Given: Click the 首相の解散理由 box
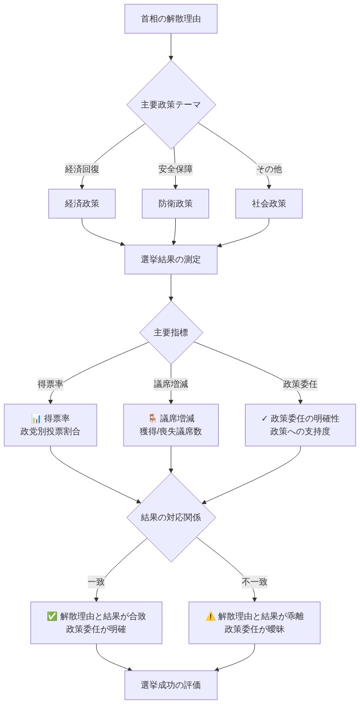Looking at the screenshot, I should pyautogui.click(x=171, y=19).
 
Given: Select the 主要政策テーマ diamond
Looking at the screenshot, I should pyautogui.click(x=171, y=104).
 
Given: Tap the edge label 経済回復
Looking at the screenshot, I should pyautogui.click(x=82, y=169).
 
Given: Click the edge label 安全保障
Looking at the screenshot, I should pyautogui.click(x=175, y=169).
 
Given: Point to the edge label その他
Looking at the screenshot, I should pyautogui.click(x=269, y=169).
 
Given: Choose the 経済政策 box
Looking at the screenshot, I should pyautogui.click(x=82, y=204).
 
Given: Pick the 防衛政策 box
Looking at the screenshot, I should pyautogui.click(x=175, y=204).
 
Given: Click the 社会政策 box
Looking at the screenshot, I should pyautogui.click(x=269, y=204).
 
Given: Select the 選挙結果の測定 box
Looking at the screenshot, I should pyautogui.click(x=171, y=260).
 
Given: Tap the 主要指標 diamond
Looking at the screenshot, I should pyautogui.click(x=171, y=332).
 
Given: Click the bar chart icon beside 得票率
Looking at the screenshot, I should pyautogui.click(x=37, y=419).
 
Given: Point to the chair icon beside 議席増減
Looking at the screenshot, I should pyautogui.click(x=152, y=419).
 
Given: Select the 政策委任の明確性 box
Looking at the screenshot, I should pyautogui.click(x=300, y=425).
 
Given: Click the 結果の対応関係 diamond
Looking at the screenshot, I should pyautogui.click(x=171, y=518).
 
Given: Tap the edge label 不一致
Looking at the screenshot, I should pyautogui.click(x=255, y=581).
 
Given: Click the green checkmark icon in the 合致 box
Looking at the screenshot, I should pyautogui.click(x=52, y=616).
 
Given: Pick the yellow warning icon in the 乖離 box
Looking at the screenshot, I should pyautogui.click(x=210, y=616).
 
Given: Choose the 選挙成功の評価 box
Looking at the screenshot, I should pyautogui.click(x=171, y=685).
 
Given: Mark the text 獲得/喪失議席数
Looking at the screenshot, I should pyautogui.click(x=171, y=432).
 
